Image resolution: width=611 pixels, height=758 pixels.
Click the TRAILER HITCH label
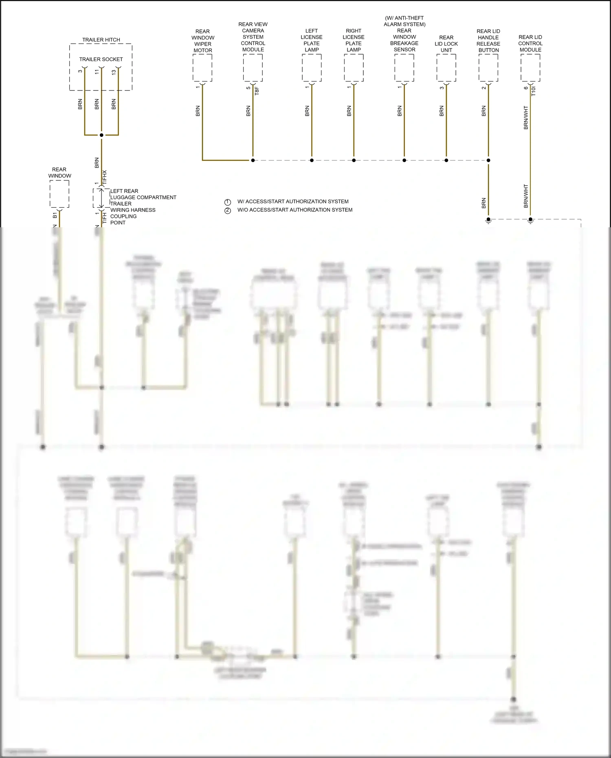pos(101,40)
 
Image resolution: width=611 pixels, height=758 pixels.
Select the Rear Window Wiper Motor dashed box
pos(202,68)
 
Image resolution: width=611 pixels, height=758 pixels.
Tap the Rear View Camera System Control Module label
pos(253,37)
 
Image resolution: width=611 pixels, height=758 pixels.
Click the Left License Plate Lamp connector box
pos(312,68)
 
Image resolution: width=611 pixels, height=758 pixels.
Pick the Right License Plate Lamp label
pos(354,40)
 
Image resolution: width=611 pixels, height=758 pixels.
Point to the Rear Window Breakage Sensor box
pos(404,68)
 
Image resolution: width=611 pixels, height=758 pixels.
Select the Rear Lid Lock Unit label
pos(446,44)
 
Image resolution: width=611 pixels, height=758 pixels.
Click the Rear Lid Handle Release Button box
pos(488,68)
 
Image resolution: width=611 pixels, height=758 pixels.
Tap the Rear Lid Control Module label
pos(530,43)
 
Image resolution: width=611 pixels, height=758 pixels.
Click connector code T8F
pos(257,91)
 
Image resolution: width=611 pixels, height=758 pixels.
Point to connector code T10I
pos(534,91)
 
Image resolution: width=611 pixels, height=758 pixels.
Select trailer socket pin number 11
pos(97,72)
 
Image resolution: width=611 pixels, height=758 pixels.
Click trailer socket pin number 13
pos(114,72)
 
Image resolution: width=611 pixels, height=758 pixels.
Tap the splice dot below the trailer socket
pos(101,135)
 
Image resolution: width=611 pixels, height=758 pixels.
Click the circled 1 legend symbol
pos(228,202)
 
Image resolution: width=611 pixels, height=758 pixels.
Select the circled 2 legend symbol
pos(228,210)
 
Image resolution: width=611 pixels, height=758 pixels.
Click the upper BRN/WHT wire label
pos(526,118)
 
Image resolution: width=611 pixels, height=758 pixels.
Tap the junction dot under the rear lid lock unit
pos(446,160)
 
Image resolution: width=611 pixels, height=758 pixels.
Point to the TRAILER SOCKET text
pos(101,59)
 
